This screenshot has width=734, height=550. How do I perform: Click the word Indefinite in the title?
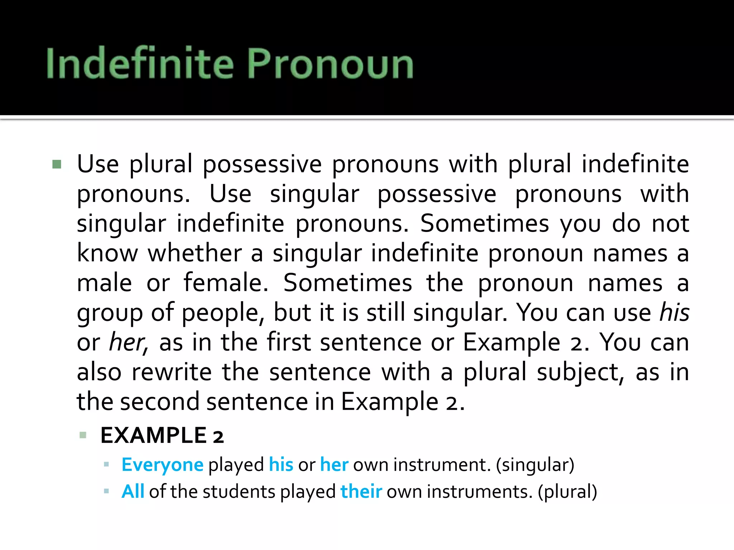coord(140,63)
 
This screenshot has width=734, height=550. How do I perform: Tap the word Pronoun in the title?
coord(330,64)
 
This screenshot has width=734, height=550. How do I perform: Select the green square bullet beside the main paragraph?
coord(57,164)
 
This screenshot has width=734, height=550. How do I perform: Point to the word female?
coord(226,283)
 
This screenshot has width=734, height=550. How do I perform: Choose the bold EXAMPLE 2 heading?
coord(162,435)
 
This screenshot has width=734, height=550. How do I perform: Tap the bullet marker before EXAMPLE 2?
coord(83,435)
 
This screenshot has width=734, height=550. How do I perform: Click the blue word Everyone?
coord(162,465)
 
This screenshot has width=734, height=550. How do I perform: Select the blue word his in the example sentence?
coord(281,464)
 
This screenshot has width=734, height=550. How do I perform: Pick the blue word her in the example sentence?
coord(334,464)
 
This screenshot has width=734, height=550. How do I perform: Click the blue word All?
coord(133,491)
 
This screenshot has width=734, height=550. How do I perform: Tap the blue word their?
coord(361,491)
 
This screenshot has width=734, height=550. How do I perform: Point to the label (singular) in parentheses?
coord(535,465)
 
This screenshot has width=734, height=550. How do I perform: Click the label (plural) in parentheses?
coord(567,492)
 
